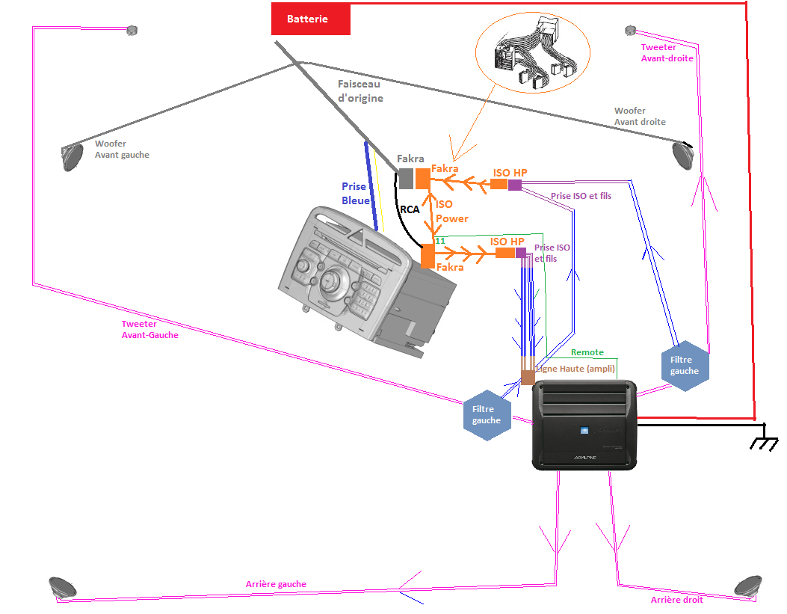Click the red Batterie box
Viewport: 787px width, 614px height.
coord(310,19)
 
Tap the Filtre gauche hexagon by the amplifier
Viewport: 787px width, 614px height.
coord(487,415)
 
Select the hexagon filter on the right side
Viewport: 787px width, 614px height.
coord(684,366)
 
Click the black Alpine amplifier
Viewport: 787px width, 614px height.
coord(584,425)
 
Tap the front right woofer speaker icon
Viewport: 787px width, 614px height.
coord(682,154)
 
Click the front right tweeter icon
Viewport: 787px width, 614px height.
coord(629,31)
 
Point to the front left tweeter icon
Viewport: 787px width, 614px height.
coord(132,31)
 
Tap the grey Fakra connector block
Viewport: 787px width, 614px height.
coord(405,178)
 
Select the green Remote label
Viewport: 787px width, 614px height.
coord(587,352)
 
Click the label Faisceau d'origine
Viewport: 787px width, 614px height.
coord(360,91)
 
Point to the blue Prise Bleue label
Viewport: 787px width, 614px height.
coord(354,193)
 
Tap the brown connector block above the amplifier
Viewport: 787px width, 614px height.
coord(528,378)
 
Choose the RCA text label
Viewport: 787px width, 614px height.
coord(410,210)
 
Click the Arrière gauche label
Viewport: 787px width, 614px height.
coord(276,584)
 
